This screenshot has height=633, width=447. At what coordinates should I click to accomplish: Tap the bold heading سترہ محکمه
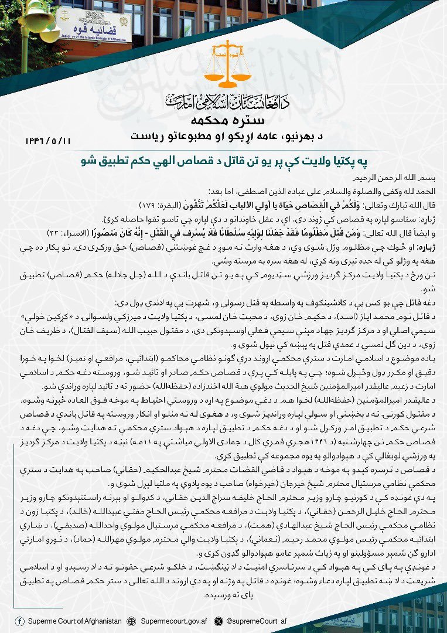[223, 122]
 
